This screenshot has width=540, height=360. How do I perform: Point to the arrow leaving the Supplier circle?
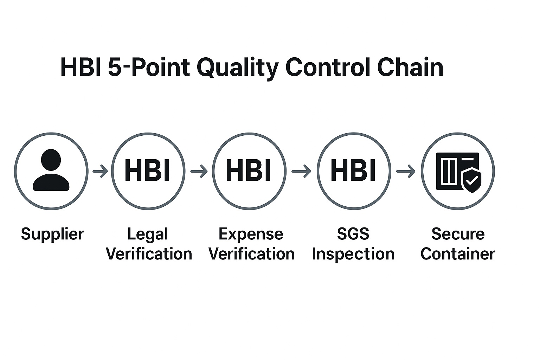pos(100,172)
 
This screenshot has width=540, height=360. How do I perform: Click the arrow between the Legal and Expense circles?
pos(199,172)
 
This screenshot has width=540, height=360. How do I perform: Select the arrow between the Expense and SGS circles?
pos(301,172)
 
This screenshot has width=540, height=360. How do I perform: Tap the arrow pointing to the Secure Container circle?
pos(405,172)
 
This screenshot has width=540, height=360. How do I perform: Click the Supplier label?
pos(52,234)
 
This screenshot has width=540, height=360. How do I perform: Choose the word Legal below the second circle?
pos(148,234)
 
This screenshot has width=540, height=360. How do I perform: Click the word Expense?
pos(251,234)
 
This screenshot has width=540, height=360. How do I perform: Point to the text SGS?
pos(353,234)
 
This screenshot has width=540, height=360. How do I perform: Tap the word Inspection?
pos(353,254)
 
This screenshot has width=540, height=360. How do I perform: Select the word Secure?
pos(458,234)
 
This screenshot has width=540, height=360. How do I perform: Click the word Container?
pos(458,254)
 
